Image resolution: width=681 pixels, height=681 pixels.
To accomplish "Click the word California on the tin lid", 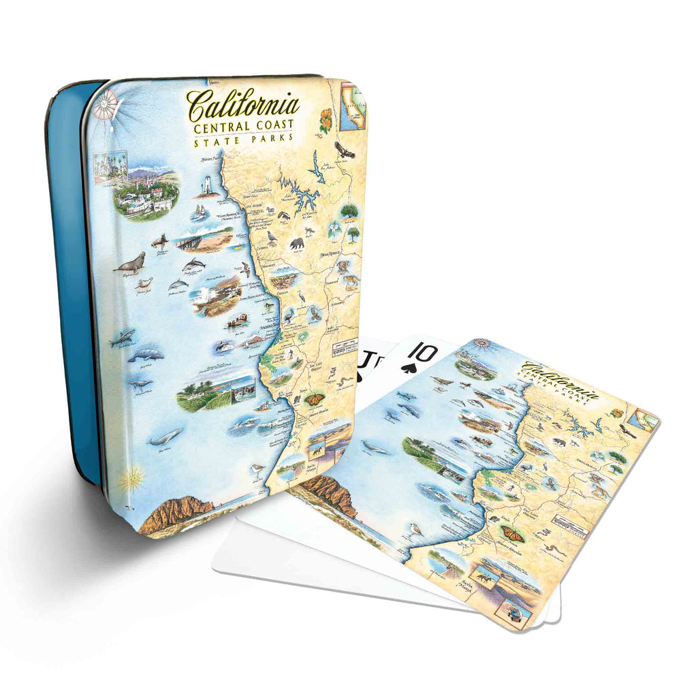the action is pos(243,105).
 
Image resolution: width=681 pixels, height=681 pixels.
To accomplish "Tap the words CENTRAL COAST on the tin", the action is pos(244,127).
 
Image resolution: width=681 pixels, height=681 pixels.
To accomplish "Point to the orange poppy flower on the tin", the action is pos(326,120).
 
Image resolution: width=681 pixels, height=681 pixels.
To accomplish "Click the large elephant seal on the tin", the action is pos(130,263).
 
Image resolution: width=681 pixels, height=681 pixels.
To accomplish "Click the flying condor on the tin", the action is pos(345,150).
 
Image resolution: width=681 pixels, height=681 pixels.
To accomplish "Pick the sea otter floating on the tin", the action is pos(237,319).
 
